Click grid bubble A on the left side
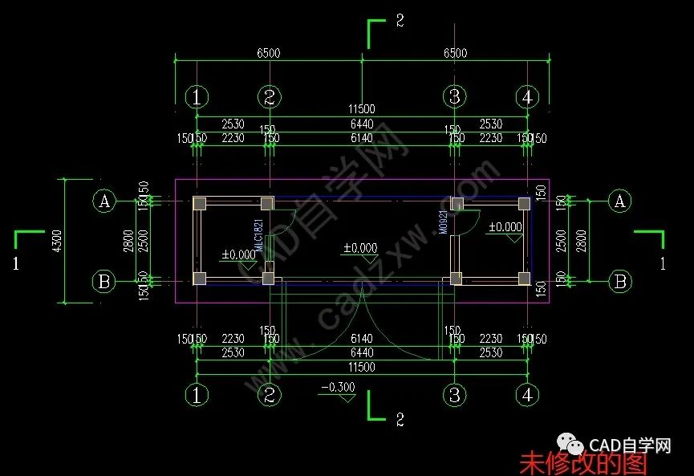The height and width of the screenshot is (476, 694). tap(103, 201)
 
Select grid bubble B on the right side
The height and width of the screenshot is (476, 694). tap(619, 281)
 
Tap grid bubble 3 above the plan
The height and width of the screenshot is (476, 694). tap(454, 97)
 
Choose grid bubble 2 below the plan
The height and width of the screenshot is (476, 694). tap(270, 395)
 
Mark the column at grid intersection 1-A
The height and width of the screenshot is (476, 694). tap(200, 203)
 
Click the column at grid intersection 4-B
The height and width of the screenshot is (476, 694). tap(524, 279)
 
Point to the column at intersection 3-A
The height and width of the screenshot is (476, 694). tap(457, 203)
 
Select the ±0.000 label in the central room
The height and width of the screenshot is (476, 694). tap(360, 249)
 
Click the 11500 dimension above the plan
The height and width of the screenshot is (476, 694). tap(361, 108)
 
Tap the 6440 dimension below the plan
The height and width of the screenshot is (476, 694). tap(362, 352)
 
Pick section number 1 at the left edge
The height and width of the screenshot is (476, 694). tap(15, 263)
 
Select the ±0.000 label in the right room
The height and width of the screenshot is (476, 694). tap(505, 227)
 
